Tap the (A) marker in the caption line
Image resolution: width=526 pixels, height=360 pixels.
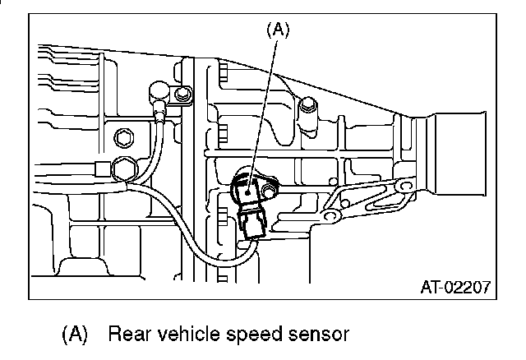point(75,335)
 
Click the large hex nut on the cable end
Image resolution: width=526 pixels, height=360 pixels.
point(126,169)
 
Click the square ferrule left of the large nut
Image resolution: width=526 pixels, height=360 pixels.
point(102,170)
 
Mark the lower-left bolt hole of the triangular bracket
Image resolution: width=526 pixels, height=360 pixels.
point(331,217)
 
